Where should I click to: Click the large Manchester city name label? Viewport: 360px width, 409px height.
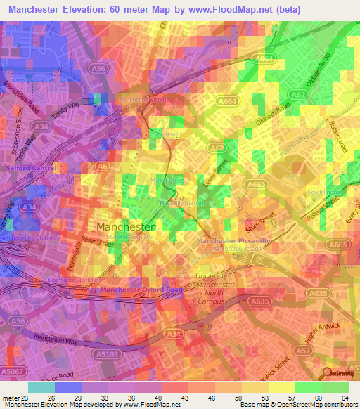[125, 227]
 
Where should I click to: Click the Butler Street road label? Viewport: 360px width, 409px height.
[336, 138]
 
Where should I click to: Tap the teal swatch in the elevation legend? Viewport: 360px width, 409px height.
[42, 387]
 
